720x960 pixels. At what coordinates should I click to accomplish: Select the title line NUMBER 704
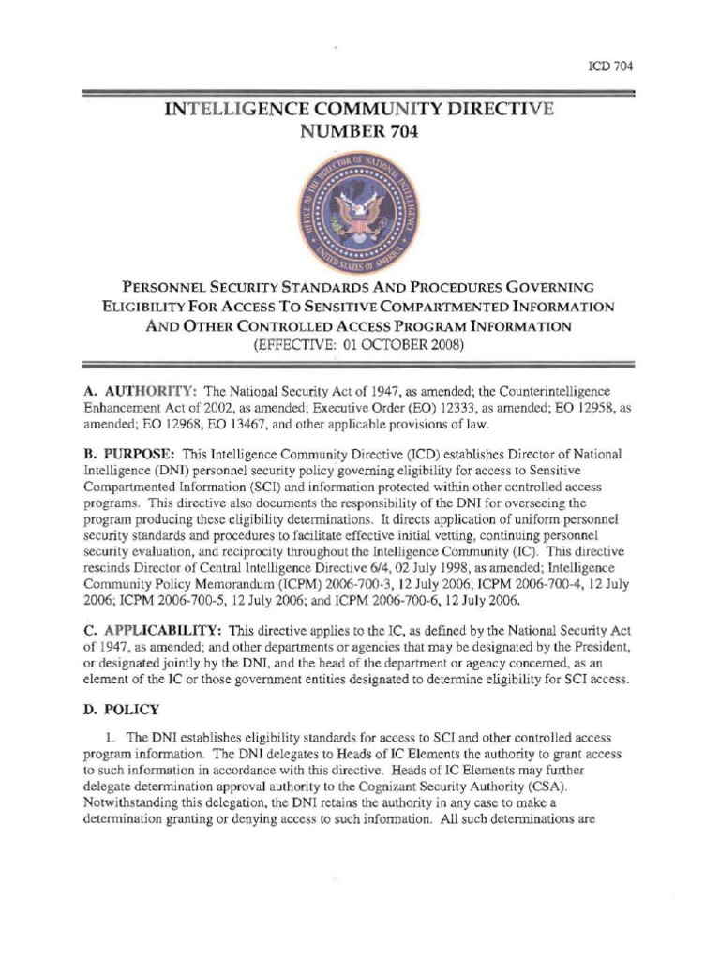[359, 132]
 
